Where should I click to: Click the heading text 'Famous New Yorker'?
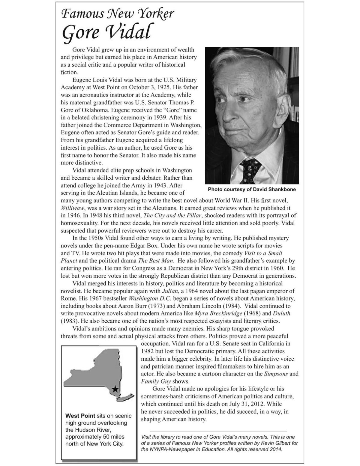click(117, 14)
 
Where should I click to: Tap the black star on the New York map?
click(115, 389)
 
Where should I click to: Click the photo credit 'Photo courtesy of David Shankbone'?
click(252, 189)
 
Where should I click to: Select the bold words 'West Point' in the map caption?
click(80, 416)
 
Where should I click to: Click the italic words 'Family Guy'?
click(156, 381)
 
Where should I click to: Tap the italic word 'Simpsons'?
click(276, 374)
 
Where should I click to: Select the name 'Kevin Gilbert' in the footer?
click(268, 443)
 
